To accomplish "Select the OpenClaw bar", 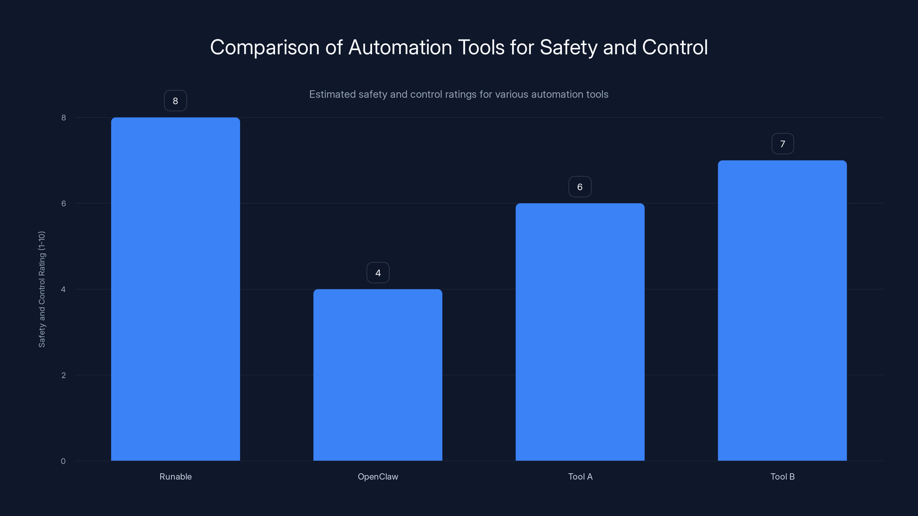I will pos(378,375).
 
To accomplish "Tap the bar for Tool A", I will pos(580,332).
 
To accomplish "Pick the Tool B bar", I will pos(782,310).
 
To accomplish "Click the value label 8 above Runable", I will pos(175,101).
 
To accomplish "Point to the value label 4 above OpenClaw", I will pos(378,273).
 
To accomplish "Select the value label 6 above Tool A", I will pos(580,187).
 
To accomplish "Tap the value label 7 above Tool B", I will pos(783,144).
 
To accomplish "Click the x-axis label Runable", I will pos(175,476).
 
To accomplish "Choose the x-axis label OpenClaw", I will pos(378,476).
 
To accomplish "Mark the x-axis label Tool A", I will pos(580,476).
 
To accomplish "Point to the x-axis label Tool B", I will pos(783,476).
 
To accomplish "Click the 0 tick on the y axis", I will pos(63,461).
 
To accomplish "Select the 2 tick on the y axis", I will pos(63,375).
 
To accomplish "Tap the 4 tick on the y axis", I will pos(63,289).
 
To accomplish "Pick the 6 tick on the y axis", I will pos(63,203).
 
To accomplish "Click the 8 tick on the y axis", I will pos(63,118).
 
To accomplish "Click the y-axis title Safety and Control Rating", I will pos(42,289).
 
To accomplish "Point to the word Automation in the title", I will pos(400,47).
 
